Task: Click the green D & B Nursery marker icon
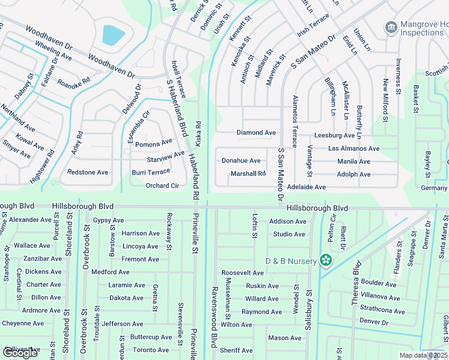click(326, 260)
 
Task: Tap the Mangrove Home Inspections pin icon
click(391, 27)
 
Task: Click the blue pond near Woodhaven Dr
click(113, 35)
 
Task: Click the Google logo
click(20, 353)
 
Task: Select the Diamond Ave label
click(256, 133)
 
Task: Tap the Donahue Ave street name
click(241, 161)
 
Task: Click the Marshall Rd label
click(248, 174)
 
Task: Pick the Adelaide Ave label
click(306, 187)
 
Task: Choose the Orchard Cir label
click(162, 186)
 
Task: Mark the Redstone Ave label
click(88, 172)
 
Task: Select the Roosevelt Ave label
click(243, 272)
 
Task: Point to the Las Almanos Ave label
click(354, 148)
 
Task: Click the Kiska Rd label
click(198, 133)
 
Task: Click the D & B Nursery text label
click(291, 261)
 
